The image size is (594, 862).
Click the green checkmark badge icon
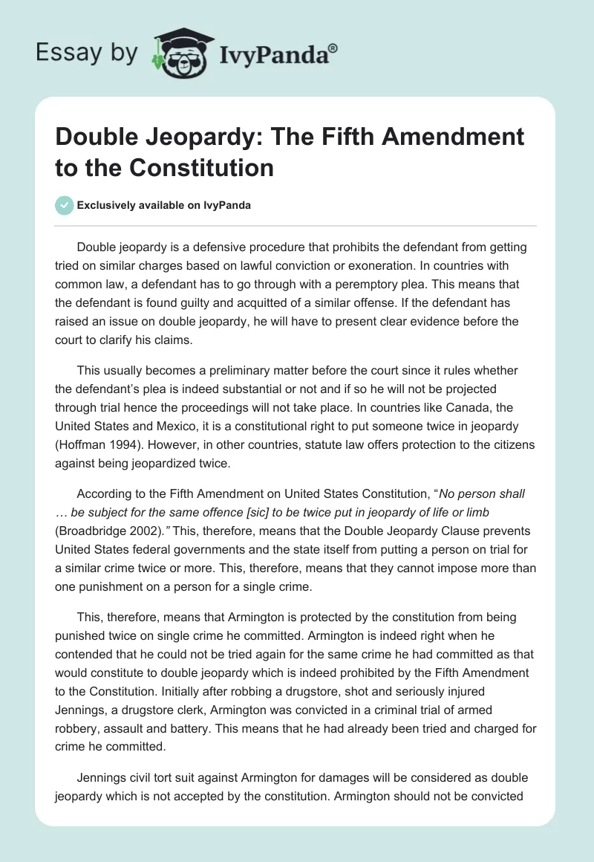point(65,205)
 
